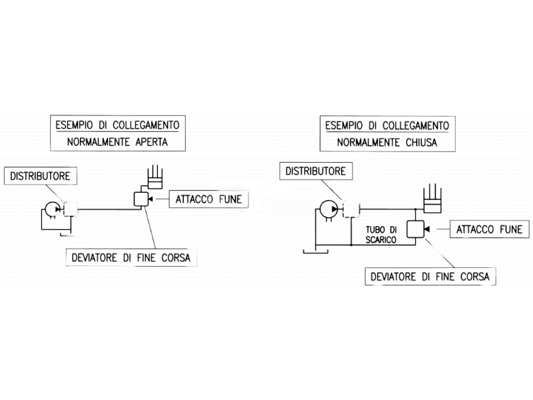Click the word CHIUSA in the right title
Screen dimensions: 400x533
(x=422, y=143)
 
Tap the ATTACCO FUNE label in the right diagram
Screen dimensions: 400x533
(x=489, y=230)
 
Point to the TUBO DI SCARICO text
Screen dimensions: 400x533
(x=380, y=233)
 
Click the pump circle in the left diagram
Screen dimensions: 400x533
(x=51, y=209)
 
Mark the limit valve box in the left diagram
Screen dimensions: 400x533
(x=141, y=199)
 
